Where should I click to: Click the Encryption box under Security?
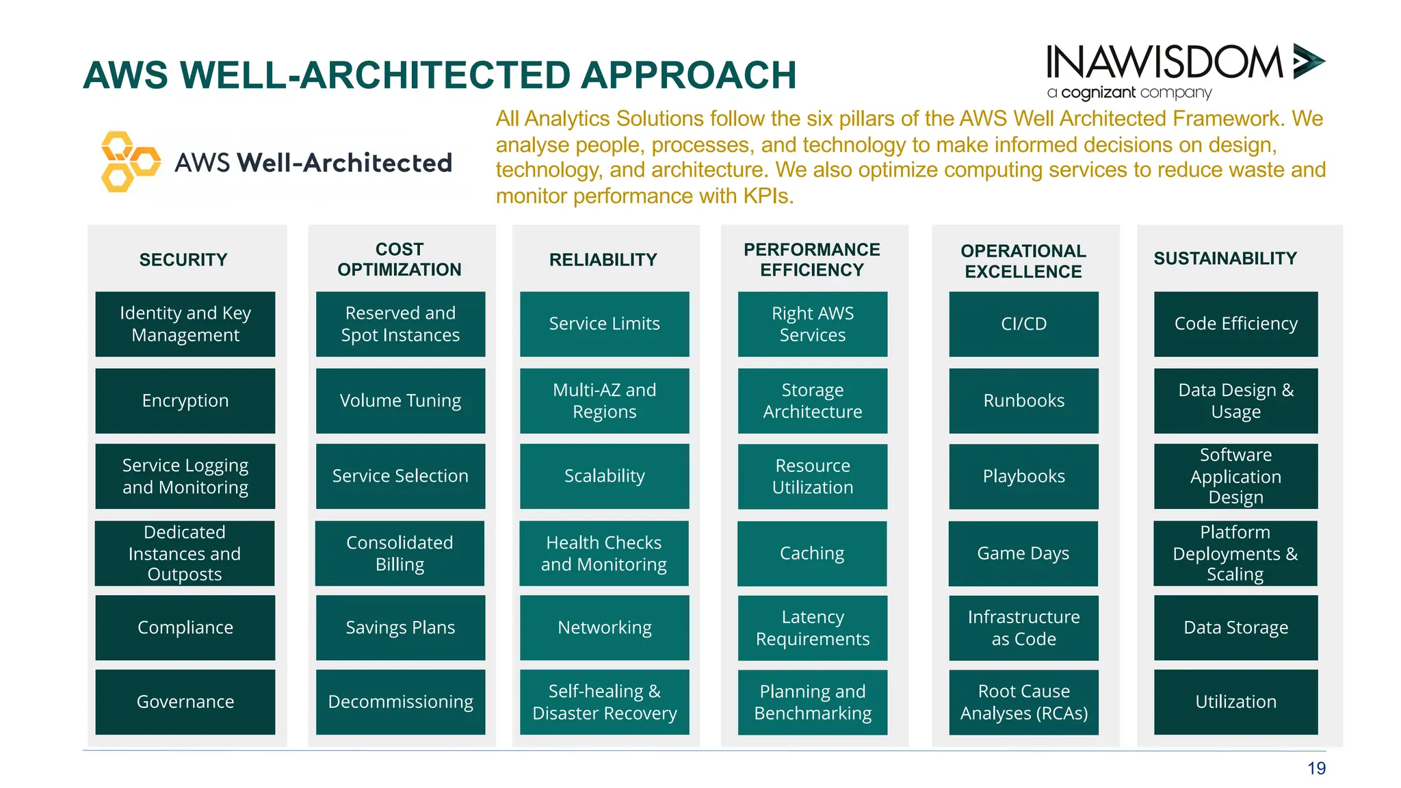(185, 401)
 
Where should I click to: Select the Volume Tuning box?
(400, 401)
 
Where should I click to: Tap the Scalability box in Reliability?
(604, 476)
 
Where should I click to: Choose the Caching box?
(812, 553)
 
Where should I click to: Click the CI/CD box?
(1023, 324)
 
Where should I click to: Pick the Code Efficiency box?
(1235, 324)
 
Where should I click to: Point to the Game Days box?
(1023, 553)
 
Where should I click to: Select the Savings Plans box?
(400, 628)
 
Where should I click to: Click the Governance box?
(185, 702)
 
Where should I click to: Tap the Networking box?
(604, 628)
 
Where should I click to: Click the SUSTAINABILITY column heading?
(1225, 259)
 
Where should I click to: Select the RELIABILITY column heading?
(603, 260)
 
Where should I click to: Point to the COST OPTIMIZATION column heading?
(400, 259)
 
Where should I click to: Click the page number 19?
(1316, 769)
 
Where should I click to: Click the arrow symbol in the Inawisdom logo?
(1308, 62)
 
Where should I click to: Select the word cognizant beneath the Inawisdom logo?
(1098, 92)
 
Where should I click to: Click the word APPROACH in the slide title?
(688, 75)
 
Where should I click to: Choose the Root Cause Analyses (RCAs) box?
(1023, 702)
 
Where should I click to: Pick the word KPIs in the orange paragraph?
(768, 196)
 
